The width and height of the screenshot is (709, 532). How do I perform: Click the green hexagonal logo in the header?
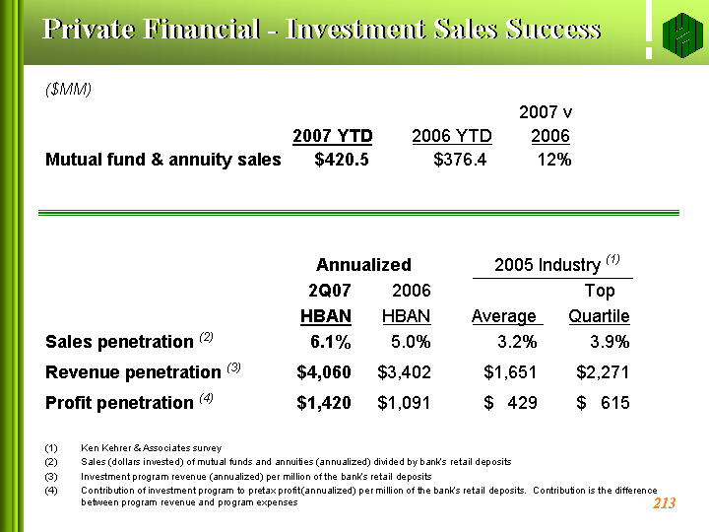pyautogui.click(x=682, y=35)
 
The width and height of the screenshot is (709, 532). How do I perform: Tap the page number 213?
pyautogui.click(x=664, y=503)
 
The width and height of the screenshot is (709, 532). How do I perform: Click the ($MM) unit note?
pyautogui.click(x=68, y=89)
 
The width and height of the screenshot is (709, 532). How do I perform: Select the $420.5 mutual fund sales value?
pyautogui.click(x=342, y=160)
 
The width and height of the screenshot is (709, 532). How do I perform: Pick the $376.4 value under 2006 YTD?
pyautogui.click(x=460, y=160)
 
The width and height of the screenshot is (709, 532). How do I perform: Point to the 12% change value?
pyautogui.click(x=554, y=160)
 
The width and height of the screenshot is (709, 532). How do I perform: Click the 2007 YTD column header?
pyautogui.click(x=333, y=136)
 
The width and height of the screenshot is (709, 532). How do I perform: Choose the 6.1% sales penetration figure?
pyautogui.click(x=331, y=342)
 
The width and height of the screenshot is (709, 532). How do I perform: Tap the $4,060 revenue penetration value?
pyautogui.click(x=324, y=371)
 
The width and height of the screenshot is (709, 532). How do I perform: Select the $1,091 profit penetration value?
pyautogui.click(x=404, y=402)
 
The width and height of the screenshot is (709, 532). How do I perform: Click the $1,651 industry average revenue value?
pyautogui.click(x=510, y=371)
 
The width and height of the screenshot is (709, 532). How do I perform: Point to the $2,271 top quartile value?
pyautogui.click(x=603, y=371)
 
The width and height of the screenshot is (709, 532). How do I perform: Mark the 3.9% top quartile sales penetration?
pyautogui.click(x=610, y=342)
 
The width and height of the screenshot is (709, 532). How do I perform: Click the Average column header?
pyautogui.click(x=504, y=316)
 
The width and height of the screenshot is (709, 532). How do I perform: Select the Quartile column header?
pyautogui.click(x=599, y=316)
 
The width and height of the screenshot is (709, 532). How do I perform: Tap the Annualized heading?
pyautogui.click(x=363, y=265)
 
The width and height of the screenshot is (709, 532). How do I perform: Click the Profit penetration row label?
pyautogui.click(x=119, y=402)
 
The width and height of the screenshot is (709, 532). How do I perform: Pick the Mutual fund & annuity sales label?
pyautogui.click(x=163, y=160)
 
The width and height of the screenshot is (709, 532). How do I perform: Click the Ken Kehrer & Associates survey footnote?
pyautogui.click(x=151, y=448)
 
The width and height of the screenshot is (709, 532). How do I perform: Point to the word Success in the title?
pyautogui.click(x=553, y=29)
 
